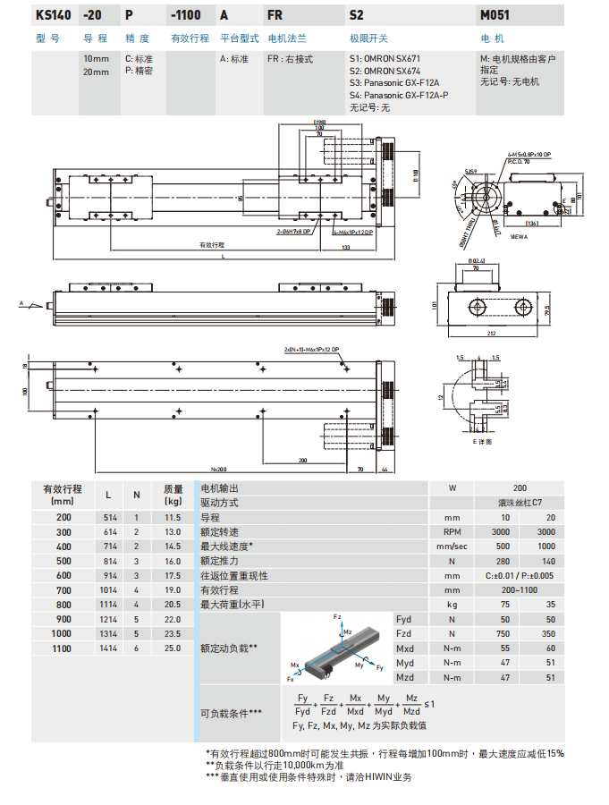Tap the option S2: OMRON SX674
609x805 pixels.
385,71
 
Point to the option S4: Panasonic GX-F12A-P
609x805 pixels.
400,94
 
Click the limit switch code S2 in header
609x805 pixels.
356,15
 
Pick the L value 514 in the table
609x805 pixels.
108,518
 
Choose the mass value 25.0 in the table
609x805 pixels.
173,648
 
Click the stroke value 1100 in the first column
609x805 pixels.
63,648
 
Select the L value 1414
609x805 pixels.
108,648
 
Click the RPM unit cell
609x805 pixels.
452,532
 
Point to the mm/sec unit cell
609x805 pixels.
452,547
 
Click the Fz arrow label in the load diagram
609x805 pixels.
337,618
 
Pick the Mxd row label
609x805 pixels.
404,648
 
